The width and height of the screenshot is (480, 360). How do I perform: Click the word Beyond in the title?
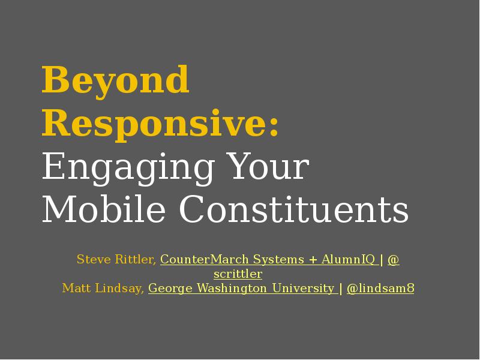[115, 80]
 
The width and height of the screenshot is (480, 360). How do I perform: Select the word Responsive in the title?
[154, 124]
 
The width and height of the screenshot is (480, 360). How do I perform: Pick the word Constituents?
[293, 210]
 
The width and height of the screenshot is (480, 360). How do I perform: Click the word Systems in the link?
[278, 260]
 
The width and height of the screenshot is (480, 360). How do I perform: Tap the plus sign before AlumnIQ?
[313, 260]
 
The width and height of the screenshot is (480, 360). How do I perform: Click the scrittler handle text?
[238, 274]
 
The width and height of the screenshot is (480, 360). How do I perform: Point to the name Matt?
[76, 289]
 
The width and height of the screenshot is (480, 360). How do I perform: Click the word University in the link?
[303, 289]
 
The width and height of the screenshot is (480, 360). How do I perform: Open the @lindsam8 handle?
[380, 289]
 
